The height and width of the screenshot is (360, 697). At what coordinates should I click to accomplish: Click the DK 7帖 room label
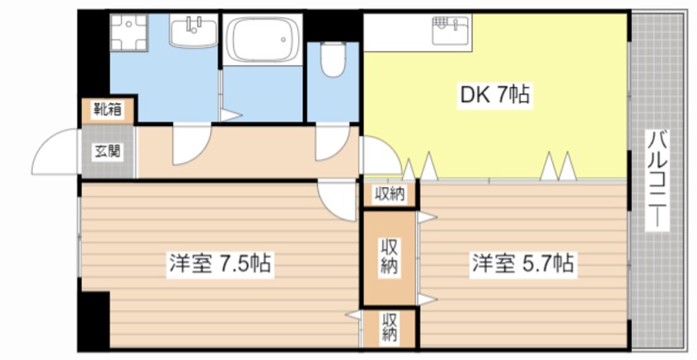[494, 96]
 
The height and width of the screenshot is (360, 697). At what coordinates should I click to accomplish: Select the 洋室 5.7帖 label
[522, 264]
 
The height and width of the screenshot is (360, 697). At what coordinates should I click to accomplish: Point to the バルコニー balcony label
[657, 180]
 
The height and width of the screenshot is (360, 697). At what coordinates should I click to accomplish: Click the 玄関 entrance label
[108, 152]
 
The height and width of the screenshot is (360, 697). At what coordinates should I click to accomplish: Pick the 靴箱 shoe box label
[108, 109]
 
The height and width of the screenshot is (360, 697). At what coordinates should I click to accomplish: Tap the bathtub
[262, 40]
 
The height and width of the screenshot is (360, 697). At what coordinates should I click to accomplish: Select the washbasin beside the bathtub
[194, 31]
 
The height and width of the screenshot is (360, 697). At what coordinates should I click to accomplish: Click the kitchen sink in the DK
[451, 30]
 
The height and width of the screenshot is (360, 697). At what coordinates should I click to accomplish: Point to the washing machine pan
[129, 32]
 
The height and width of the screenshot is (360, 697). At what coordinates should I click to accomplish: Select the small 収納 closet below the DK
[390, 194]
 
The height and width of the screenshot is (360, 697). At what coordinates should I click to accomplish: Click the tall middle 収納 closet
[390, 258]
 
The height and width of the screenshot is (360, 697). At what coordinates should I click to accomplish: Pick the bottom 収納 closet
[390, 328]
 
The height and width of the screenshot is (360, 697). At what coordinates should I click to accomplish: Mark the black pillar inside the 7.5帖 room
[94, 319]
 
